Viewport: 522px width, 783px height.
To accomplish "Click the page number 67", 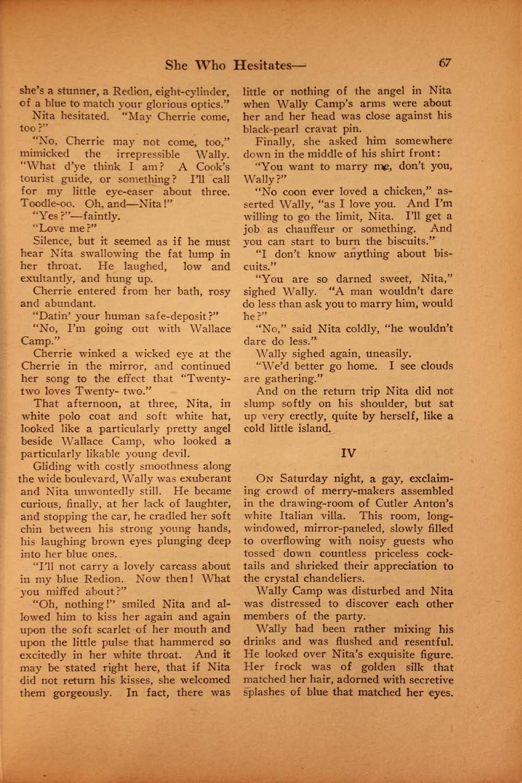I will [445, 63].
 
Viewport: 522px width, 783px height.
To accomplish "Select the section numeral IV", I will [348, 453].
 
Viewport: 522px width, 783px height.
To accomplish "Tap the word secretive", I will [428, 680].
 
